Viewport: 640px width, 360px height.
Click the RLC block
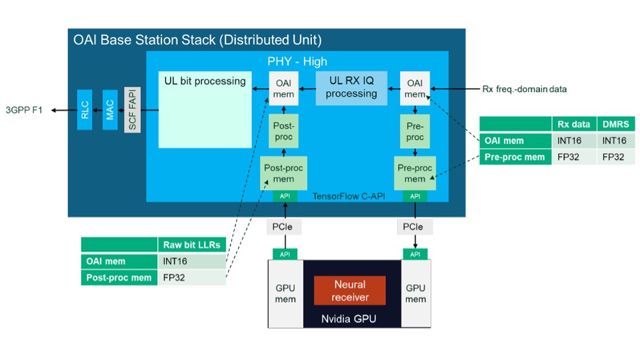pyautogui.click(x=85, y=109)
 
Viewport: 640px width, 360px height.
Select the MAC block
pyautogui.click(x=109, y=109)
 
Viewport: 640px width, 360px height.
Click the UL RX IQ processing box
pyautogui.click(x=351, y=87)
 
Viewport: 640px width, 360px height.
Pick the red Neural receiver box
pyautogui.click(x=350, y=291)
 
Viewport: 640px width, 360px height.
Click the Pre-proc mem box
pyautogui.click(x=415, y=173)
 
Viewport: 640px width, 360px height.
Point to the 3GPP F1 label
pyautogui.click(x=24, y=110)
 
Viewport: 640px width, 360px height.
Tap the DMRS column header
pyautogui.click(x=615, y=124)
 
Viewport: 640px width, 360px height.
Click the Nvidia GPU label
pyautogui.click(x=350, y=319)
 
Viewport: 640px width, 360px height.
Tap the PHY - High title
pyautogui.click(x=297, y=61)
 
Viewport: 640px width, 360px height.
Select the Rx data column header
pyautogui.click(x=573, y=124)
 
